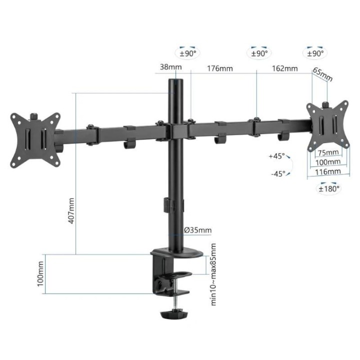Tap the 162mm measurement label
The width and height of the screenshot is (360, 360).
pos(284,68)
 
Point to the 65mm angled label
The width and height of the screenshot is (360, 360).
pos(322,73)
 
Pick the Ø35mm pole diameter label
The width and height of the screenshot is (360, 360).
pos(197,230)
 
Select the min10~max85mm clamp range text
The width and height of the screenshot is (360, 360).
pos(213,274)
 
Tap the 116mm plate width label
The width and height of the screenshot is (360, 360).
pos(328,171)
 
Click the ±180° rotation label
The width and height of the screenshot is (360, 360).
pos(329,188)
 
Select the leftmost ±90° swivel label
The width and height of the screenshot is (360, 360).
pos(188,52)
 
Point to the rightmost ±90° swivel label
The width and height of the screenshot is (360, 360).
pos(315,52)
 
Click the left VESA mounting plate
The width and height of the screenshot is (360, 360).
pos(35,137)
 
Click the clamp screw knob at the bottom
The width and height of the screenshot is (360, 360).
pos(173,315)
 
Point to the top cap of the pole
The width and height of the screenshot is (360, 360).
pos(175,81)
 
